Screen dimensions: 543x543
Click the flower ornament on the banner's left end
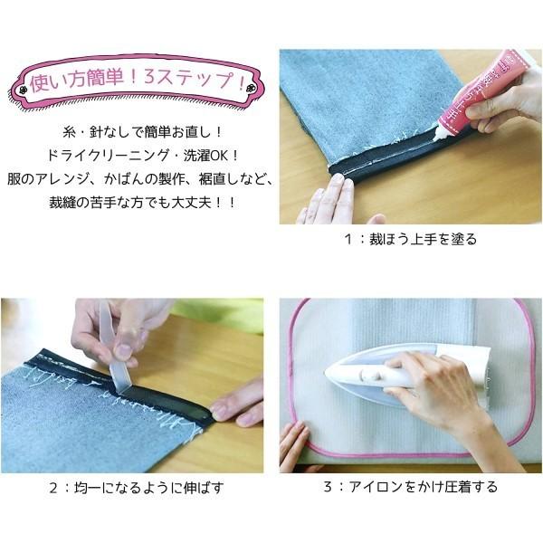[x=24, y=90]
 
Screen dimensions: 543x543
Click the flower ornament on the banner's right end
[x=250, y=88]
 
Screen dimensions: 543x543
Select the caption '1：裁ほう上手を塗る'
[x=411, y=239]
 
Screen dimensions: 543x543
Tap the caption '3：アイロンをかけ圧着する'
[x=411, y=487]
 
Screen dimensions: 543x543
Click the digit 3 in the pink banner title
[x=149, y=78]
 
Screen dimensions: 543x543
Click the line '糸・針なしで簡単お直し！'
[x=142, y=132]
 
